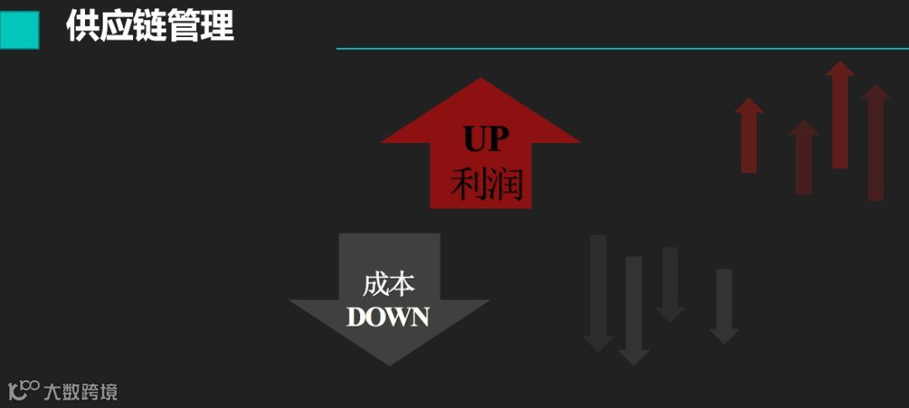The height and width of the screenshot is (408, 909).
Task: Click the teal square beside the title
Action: pos(19,29)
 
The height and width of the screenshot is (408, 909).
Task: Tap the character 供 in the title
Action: pos(82,27)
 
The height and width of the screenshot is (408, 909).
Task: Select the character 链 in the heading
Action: pos(149,27)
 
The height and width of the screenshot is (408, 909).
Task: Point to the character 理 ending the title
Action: pos(217,27)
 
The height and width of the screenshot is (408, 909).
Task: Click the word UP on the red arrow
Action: pos(486,140)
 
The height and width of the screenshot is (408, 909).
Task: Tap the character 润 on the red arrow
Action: pos(505,184)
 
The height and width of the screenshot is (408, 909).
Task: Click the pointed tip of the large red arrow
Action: pos(481,81)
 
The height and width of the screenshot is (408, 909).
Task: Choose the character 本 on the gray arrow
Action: pos(403,285)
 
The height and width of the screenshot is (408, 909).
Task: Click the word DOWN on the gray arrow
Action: pos(388,317)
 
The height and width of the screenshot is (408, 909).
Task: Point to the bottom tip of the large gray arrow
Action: pos(389,363)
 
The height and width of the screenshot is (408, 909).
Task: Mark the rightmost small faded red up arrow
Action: pos(875,143)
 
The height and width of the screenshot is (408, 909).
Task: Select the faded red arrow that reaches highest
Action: pos(839,114)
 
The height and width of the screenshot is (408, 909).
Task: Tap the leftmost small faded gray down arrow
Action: pos(598,294)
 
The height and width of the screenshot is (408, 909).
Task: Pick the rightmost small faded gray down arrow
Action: pos(724,307)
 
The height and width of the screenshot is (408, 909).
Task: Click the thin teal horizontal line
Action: pos(623,49)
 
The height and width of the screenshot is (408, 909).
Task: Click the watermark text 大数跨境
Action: pos(81,391)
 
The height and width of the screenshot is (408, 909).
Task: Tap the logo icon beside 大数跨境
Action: pos(24,390)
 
